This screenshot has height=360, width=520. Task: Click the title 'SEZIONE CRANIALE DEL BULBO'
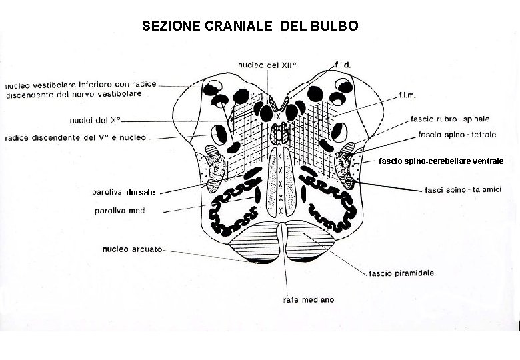[250, 27]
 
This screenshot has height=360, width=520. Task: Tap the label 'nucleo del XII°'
[268, 65]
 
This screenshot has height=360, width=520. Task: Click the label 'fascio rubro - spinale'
[451, 119]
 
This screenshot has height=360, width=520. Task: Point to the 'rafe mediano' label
[289, 299]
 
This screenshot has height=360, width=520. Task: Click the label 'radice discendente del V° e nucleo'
[75, 138]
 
